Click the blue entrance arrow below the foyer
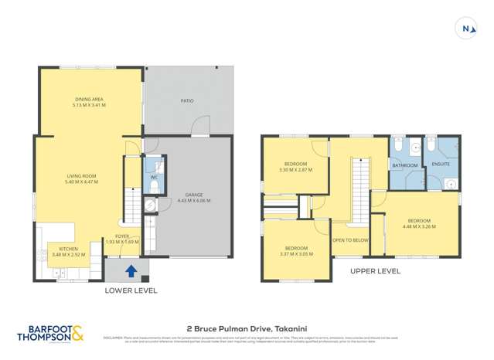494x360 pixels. click(131, 271)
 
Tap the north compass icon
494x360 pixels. click(466, 29)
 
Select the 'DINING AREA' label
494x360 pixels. click(90, 100)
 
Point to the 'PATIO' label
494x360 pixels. click(187, 100)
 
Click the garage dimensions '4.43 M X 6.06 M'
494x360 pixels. click(194, 201)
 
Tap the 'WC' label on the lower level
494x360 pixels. click(154, 178)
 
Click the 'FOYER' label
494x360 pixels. click(122, 236)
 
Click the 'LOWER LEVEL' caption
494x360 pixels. click(131, 290)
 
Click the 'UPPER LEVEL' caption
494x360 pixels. click(375, 271)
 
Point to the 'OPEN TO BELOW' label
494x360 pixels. click(350, 240)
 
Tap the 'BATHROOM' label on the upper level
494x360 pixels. click(404, 165)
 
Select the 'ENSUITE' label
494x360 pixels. click(441, 164)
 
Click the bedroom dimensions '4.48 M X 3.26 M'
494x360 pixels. click(419, 226)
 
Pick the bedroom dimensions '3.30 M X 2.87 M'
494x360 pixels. click(295, 168)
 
